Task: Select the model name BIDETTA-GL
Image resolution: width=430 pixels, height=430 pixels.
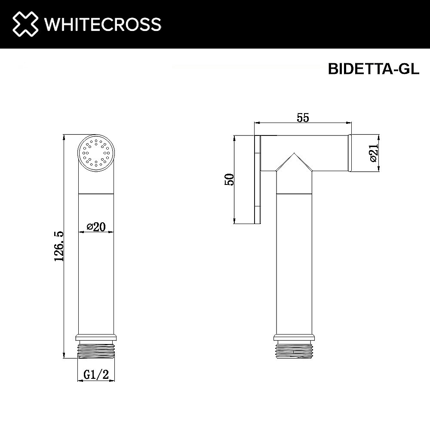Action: pyautogui.click(x=373, y=69)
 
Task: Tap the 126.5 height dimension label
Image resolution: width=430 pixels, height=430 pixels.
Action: pyautogui.click(x=59, y=246)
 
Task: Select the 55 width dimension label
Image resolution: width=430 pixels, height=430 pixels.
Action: pyautogui.click(x=303, y=117)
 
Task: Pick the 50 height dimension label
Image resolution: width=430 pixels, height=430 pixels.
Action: pyautogui.click(x=230, y=179)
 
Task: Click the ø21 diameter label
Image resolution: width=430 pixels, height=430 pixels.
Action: pyautogui.click(x=374, y=153)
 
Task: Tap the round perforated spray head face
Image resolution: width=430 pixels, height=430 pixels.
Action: pyautogui.click(x=97, y=153)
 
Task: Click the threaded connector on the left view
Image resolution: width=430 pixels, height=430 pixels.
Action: pyautogui.click(x=96, y=350)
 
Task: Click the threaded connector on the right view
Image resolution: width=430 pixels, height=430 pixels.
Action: pyautogui.click(x=294, y=350)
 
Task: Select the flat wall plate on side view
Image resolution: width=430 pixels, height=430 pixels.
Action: pyautogui.click(x=259, y=179)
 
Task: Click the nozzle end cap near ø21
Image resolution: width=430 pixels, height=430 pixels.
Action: pyautogui.click(x=350, y=153)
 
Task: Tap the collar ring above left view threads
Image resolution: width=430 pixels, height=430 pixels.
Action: pyautogui.click(x=96, y=338)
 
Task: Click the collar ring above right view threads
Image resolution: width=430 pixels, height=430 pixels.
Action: pyautogui.click(x=294, y=338)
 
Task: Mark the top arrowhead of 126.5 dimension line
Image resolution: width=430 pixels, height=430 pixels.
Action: pyautogui.click(x=64, y=138)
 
